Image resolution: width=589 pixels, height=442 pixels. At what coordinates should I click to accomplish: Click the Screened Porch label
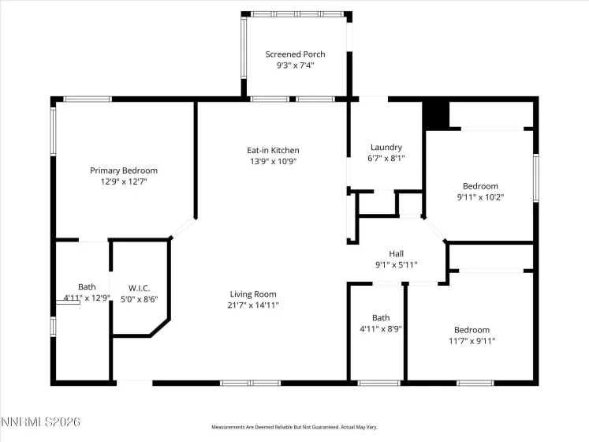coord(295,54)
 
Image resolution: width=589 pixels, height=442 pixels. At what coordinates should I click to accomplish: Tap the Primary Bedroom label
coord(124,170)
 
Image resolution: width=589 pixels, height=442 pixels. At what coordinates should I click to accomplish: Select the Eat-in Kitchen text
coord(273,150)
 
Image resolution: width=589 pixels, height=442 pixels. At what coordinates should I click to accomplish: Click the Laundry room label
coord(386,147)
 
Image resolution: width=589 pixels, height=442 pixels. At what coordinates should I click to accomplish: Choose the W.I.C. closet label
coord(139,287)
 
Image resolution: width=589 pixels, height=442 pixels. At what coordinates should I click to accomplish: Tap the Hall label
coord(397,253)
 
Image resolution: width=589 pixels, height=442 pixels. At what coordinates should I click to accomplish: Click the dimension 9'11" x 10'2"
coord(480,197)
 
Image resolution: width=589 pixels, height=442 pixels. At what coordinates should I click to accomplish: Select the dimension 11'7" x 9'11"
coord(472,341)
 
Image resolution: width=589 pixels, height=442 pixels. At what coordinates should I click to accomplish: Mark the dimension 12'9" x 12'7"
coord(124,182)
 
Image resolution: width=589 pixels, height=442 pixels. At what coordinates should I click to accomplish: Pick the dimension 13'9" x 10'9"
coord(273,161)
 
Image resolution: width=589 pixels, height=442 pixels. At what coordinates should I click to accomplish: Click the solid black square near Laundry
coord(436,115)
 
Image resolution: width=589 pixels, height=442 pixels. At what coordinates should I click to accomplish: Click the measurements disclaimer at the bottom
coord(295,427)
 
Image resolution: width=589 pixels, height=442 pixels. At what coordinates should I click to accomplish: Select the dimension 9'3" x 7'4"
coord(295,66)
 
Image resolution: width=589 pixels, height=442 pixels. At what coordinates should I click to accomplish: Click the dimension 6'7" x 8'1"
coord(386,158)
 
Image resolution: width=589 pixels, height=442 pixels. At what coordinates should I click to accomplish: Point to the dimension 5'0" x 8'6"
coord(139,298)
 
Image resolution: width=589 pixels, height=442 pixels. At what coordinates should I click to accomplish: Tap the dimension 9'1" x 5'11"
coord(397,264)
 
